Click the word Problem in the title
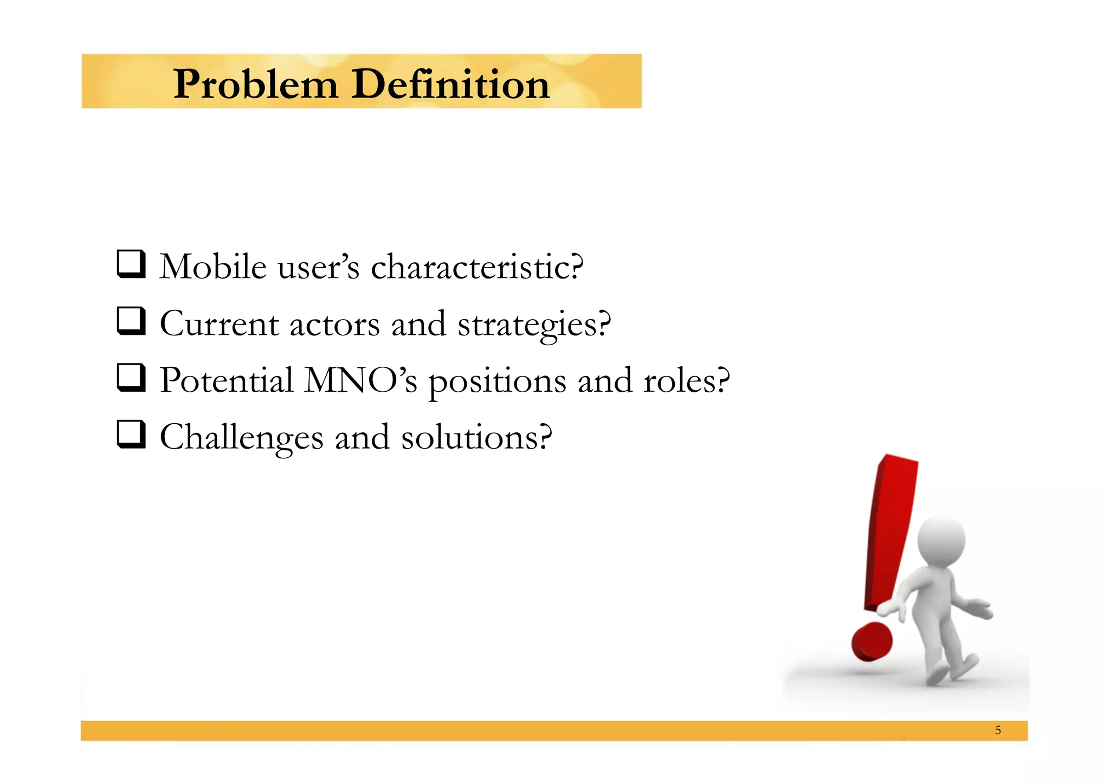255,85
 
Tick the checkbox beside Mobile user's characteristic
131,264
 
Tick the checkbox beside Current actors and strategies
131,321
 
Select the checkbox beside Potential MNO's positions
131,378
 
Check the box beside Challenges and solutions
131,435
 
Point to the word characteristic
477,267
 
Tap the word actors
334,325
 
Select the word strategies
534,325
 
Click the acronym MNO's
360,380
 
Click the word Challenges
241,437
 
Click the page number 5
998,730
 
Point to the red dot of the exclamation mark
872,642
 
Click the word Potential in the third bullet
227,380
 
